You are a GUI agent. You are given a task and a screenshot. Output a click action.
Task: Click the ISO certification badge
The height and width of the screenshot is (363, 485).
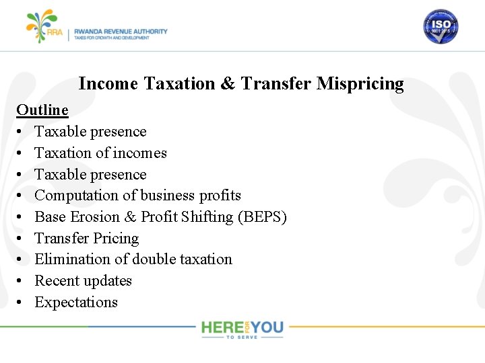pyautogui.click(x=441, y=27)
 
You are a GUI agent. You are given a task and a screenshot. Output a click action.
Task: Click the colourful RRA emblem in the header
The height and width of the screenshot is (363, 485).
pyautogui.click(x=42, y=26)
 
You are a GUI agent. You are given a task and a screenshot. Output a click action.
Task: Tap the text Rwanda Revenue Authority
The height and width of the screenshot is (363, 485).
pyautogui.click(x=121, y=31)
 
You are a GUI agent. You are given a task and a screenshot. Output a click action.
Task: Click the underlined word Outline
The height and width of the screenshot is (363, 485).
pyautogui.click(x=42, y=110)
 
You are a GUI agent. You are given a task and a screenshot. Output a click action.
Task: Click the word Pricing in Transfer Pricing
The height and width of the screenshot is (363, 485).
pyautogui.click(x=116, y=239)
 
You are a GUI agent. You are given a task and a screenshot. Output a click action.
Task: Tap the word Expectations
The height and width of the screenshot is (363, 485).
pyautogui.click(x=76, y=302)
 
